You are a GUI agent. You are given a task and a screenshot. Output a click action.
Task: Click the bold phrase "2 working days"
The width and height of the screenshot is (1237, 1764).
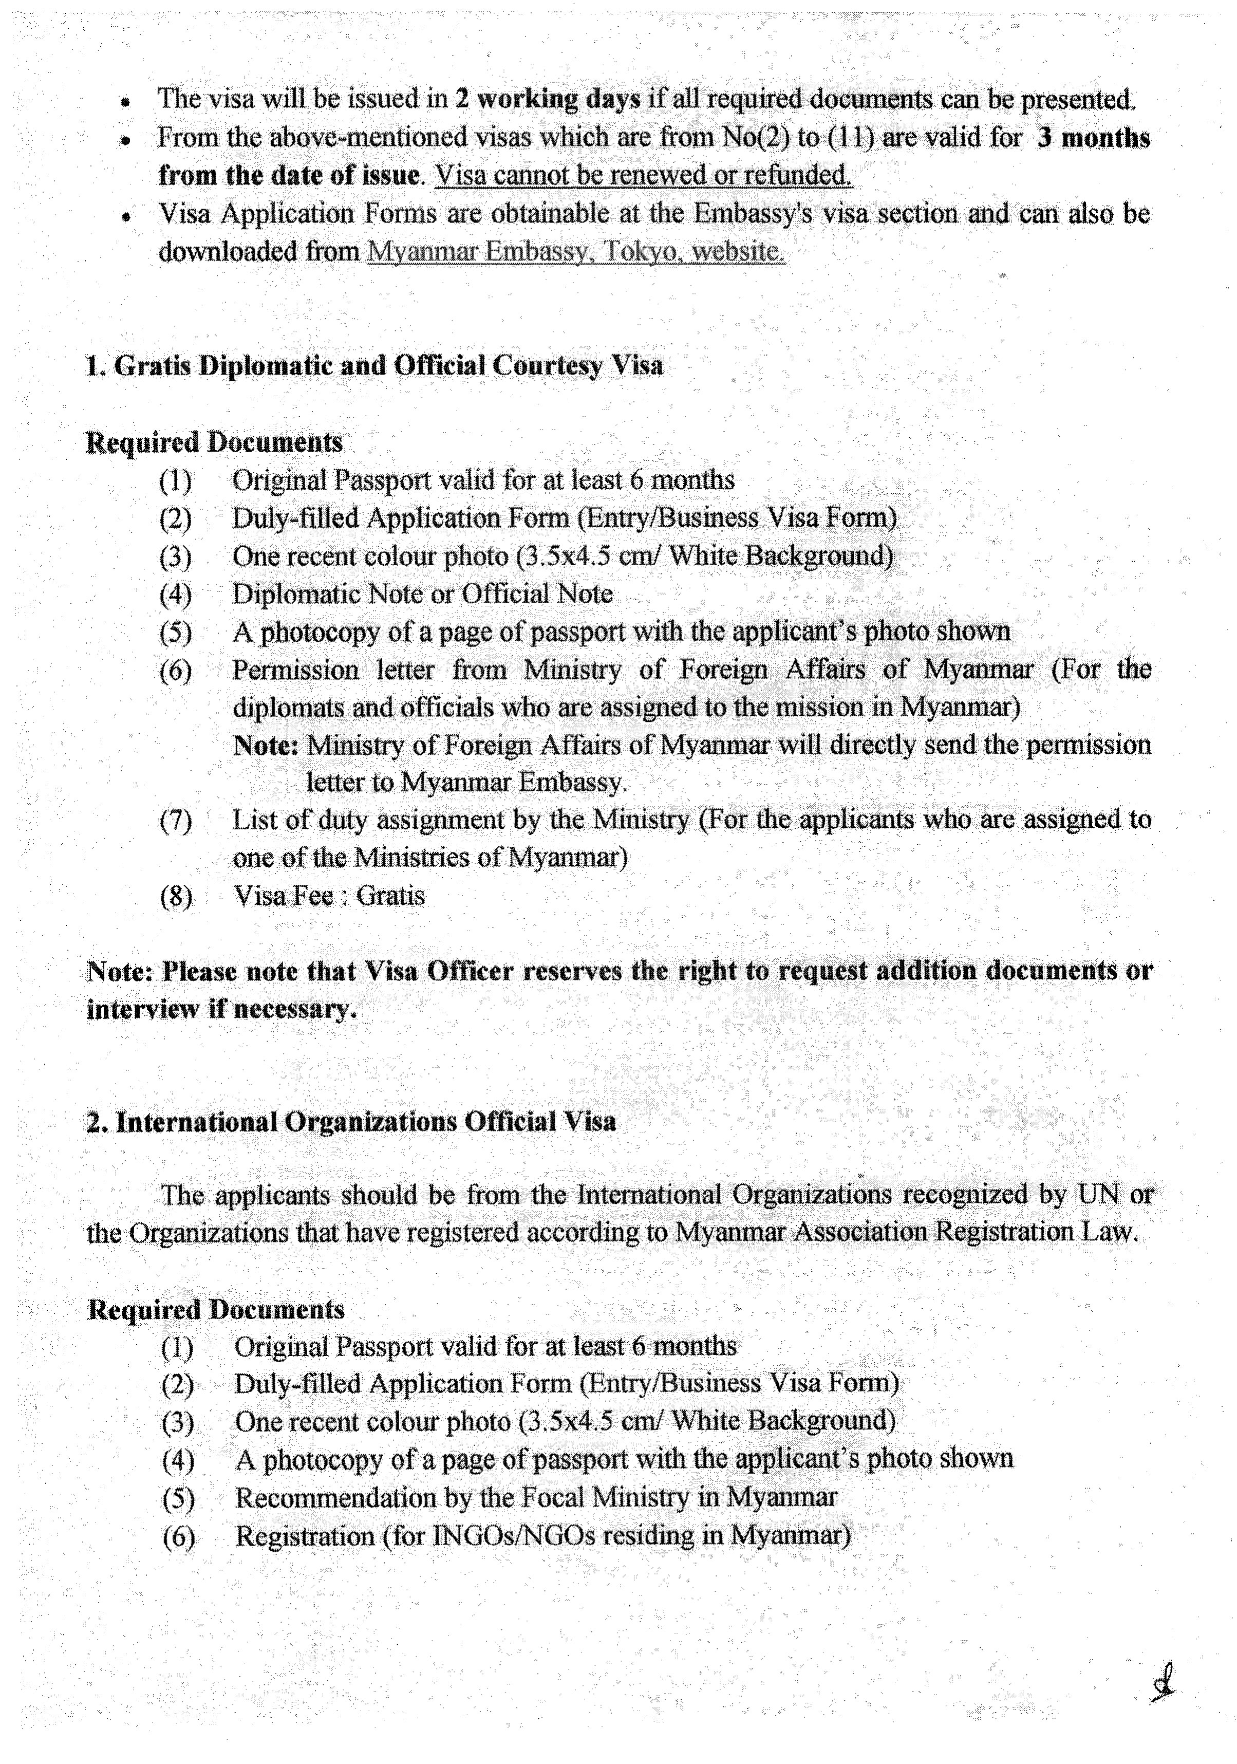point(547,99)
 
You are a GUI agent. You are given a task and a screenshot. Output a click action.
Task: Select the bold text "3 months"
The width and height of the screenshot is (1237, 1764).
point(1093,138)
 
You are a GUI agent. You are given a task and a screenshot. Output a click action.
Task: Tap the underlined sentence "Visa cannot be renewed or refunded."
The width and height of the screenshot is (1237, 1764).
point(643,176)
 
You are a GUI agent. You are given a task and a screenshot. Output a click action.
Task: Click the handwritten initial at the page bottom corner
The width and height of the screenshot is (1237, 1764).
point(1163,1685)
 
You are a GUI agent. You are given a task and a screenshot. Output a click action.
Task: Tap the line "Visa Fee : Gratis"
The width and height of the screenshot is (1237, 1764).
point(329,896)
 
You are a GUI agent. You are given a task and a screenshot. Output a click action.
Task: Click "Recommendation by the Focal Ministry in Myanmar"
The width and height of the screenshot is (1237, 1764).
point(535,1497)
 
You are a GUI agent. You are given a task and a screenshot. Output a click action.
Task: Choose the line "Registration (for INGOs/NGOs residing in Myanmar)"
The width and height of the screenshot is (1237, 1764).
point(542,1536)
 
